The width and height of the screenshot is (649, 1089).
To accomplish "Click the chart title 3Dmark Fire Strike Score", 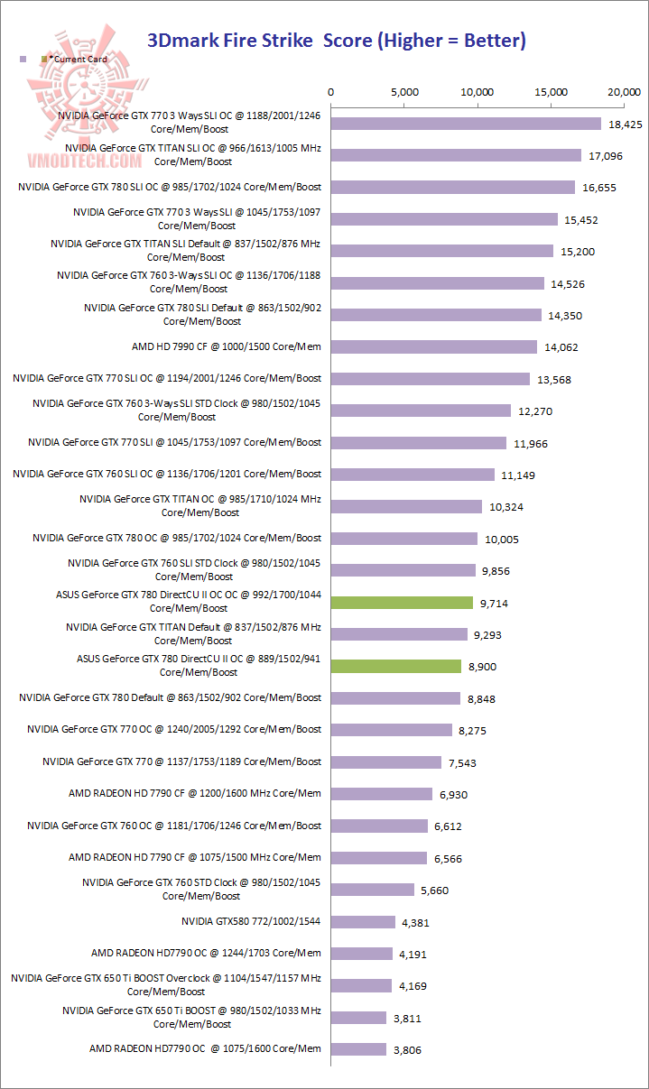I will pyautogui.click(x=336, y=40).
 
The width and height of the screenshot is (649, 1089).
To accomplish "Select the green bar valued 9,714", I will pyautogui.click(x=402, y=603).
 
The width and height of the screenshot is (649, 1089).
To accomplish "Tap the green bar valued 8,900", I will pyautogui.click(x=396, y=666).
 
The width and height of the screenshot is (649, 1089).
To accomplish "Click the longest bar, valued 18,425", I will pyautogui.click(x=466, y=124).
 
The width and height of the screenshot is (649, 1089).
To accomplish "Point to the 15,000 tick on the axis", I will pyautogui.click(x=551, y=92).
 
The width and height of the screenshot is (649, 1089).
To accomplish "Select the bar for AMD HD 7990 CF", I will pyautogui.click(x=434, y=347).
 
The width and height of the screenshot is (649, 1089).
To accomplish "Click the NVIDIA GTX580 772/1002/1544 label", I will pyautogui.click(x=251, y=922).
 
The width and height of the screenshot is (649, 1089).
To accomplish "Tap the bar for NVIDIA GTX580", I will pyautogui.click(x=363, y=922).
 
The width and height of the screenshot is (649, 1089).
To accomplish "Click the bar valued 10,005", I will pyautogui.click(x=404, y=539).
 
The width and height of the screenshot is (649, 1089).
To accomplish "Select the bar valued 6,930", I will pyautogui.click(x=382, y=794).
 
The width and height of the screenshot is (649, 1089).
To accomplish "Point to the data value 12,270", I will pyautogui.click(x=535, y=411).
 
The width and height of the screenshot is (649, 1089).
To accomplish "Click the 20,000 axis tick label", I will pyautogui.click(x=624, y=92).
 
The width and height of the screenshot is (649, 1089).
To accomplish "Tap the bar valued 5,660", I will pyautogui.click(x=373, y=890).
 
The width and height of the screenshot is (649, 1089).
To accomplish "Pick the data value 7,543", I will pyautogui.click(x=462, y=763).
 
